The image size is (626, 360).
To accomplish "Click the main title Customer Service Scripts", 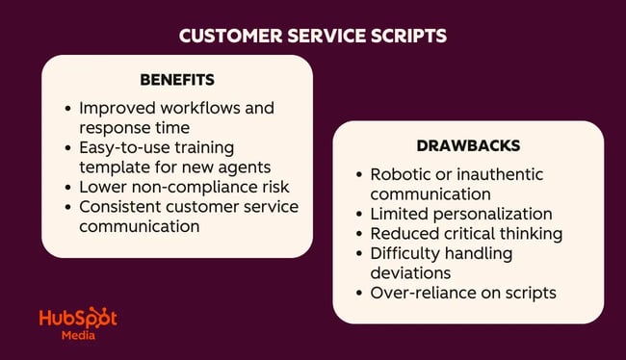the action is coord(313,36).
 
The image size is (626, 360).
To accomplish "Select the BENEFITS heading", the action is coord(177,79).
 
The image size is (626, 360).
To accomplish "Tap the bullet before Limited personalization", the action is coord(359,214).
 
